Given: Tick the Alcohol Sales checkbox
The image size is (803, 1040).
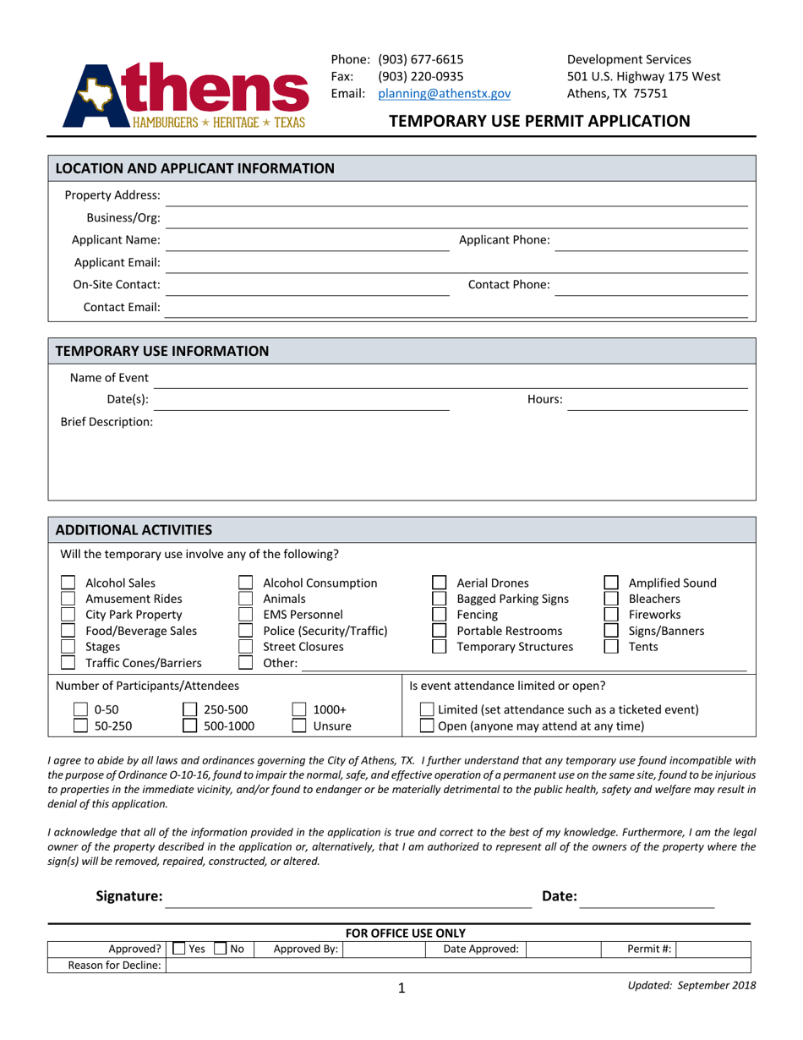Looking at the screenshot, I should click(69, 583).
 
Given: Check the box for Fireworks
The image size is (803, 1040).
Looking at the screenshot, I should click(611, 615).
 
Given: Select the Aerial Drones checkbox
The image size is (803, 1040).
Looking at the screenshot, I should click(440, 583).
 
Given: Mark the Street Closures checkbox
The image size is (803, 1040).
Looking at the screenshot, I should click(246, 647).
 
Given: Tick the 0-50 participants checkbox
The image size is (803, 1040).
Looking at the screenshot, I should click(79, 710).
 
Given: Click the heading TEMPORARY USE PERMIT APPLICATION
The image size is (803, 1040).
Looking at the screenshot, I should click(539, 121).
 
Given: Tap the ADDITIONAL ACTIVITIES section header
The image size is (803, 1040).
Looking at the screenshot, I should click(134, 531).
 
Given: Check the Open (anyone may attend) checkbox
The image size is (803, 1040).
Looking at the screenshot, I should click(428, 725).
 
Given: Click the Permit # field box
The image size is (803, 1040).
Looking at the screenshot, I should click(713, 950).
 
